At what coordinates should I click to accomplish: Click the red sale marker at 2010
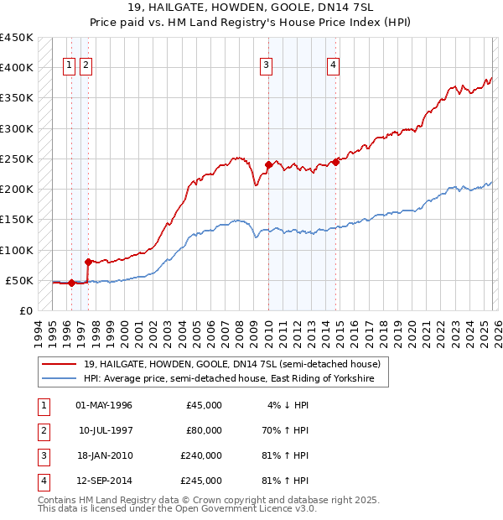coord(268,164)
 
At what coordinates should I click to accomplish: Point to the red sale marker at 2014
coord(335,162)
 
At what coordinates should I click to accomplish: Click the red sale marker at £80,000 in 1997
coord(88,262)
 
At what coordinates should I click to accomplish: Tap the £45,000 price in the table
coord(204,405)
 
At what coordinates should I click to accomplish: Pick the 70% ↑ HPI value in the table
coord(284,430)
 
